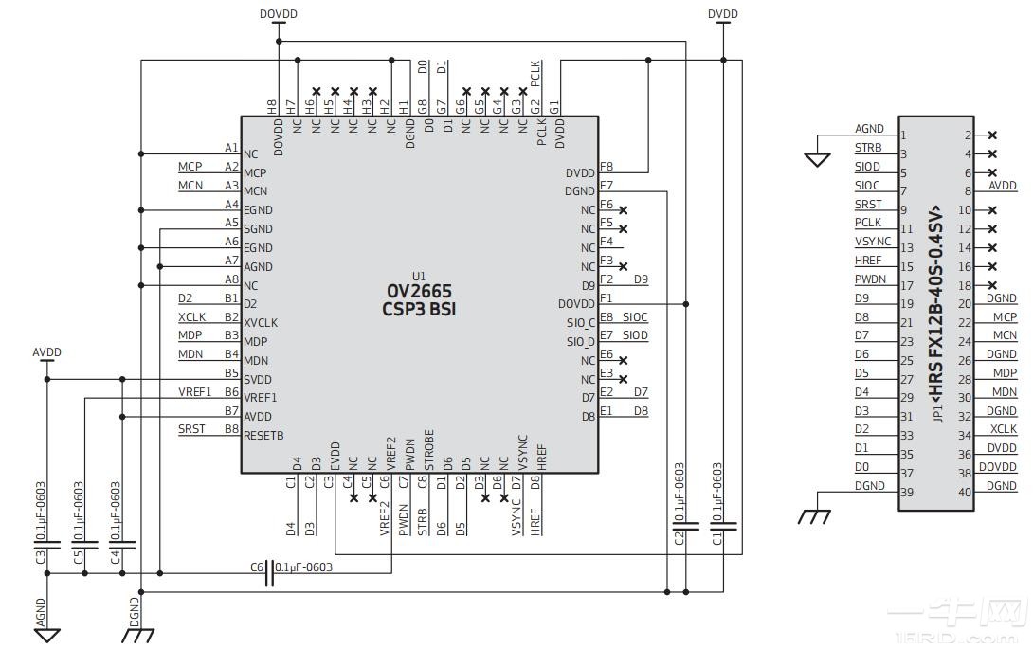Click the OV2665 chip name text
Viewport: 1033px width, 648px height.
pyautogui.click(x=419, y=291)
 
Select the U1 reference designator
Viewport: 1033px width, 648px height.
pyautogui.click(x=419, y=276)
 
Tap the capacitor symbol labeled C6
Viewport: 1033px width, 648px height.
pyautogui.click(x=270, y=573)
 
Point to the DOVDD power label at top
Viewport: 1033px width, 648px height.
pyautogui.click(x=277, y=14)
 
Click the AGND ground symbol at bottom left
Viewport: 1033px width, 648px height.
pyautogui.click(x=47, y=633)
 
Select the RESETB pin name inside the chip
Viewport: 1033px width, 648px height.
pyautogui.click(x=263, y=436)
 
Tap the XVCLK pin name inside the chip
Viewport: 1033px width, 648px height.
pyautogui.click(x=261, y=323)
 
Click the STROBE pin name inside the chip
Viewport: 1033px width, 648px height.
pyautogui.click(x=429, y=450)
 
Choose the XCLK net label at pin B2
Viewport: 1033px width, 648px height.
pyautogui.click(x=190, y=317)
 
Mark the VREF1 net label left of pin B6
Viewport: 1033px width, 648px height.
pyautogui.click(x=194, y=392)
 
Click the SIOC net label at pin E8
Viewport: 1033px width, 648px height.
pyautogui.click(x=635, y=317)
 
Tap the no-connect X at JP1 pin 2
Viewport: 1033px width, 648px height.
pyautogui.click(x=992, y=135)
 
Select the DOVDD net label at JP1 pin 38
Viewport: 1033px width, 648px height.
pyautogui.click(x=997, y=467)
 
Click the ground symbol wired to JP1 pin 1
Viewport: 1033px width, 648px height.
pyautogui.click(x=817, y=159)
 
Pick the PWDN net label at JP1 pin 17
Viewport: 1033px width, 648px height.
pyautogui.click(x=870, y=279)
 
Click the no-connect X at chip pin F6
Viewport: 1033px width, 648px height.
pyautogui.click(x=623, y=209)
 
